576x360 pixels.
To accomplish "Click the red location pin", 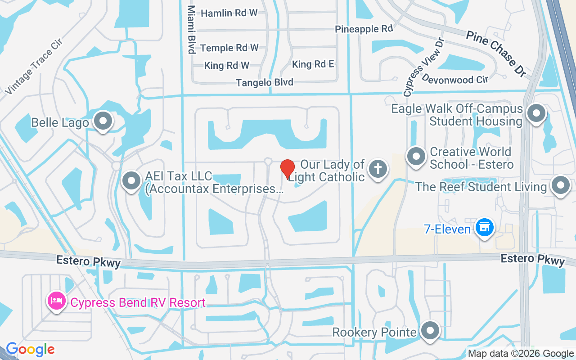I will click(288, 169).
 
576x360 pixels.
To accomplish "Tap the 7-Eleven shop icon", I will click(484, 228).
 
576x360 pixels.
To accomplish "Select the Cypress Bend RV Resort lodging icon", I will click(56, 301).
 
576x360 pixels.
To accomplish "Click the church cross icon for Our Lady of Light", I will click(378, 169).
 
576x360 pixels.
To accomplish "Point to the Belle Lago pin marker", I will click(103, 121).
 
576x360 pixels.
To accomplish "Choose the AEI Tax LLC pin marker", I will click(131, 181).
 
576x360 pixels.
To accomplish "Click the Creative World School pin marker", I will click(416, 157).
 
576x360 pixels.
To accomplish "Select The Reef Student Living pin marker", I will click(561, 185).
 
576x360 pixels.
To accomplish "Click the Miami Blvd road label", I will click(192, 30).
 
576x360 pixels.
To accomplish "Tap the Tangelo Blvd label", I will click(265, 82).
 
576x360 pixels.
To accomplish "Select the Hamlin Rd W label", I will click(229, 13).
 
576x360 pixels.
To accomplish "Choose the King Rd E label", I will click(313, 64).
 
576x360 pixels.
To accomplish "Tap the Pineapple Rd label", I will click(364, 29).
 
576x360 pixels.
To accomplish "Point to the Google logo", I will click(30, 349).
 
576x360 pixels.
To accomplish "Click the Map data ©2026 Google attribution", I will click(521, 354).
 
